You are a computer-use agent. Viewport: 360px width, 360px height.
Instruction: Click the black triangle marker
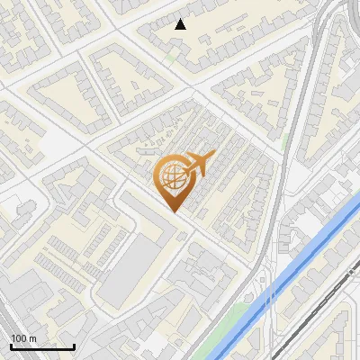[x=181, y=24]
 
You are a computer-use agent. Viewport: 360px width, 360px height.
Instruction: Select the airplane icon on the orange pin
[x=193, y=165]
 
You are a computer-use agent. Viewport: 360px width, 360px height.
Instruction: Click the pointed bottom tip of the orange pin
[x=174, y=212]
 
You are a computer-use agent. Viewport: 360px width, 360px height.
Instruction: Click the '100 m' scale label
[x=23, y=338]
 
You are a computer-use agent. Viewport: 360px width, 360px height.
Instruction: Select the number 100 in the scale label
[x=19, y=338]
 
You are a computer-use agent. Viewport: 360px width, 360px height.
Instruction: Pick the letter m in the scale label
[x=33, y=338]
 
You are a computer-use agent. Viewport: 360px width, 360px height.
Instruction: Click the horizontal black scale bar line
[x=42, y=346]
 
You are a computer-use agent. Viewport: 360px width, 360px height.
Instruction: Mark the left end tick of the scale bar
[x=11, y=345]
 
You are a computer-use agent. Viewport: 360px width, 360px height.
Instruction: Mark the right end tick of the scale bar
[x=74, y=345]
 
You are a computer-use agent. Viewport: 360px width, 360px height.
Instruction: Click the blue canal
[x=297, y=270]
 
